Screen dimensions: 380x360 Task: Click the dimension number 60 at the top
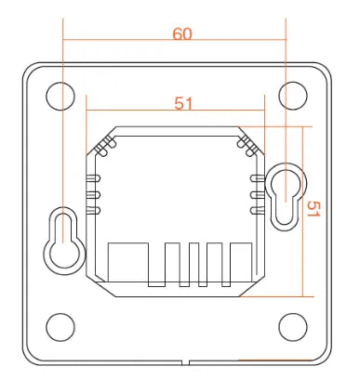(x=182, y=33)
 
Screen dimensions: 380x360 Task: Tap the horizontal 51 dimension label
(x=183, y=104)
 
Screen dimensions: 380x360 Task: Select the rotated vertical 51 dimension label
(x=313, y=211)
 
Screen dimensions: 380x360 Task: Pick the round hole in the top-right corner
(x=293, y=93)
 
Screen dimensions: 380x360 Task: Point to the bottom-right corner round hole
(x=293, y=326)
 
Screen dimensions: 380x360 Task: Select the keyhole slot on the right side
(x=284, y=195)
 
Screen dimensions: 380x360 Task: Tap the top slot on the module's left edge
(x=92, y=177)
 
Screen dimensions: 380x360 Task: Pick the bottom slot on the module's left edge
(x=92, y=211)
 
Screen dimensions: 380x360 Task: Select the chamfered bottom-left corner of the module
(x=96, y=282)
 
